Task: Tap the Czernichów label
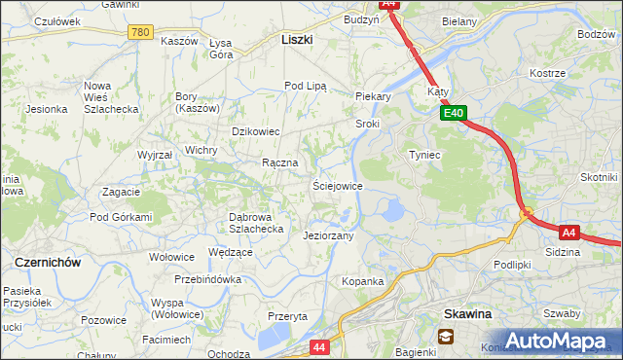pos(47,263)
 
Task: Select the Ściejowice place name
pos(337,186)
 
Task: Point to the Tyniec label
pos(424,155)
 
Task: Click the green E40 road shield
pos(453,114)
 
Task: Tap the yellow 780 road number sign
pos(140,32)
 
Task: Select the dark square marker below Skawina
pos(446,337)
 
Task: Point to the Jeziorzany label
pos(328,235)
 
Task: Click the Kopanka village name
pos(362,281)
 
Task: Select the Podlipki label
pos(511,265)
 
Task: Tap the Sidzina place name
pos(563,252)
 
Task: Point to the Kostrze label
pos(547,74)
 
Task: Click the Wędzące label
pos(231,252)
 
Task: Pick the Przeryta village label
pos(287,316)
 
